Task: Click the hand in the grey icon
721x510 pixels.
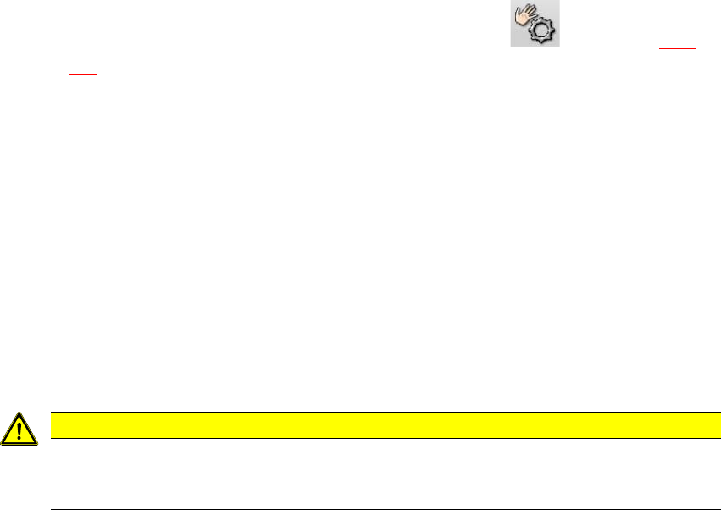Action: click(x=524, y=17)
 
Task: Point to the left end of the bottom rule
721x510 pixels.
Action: click(x=53, y=509)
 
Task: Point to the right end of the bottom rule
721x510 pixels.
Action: click(x=719, y=509)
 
